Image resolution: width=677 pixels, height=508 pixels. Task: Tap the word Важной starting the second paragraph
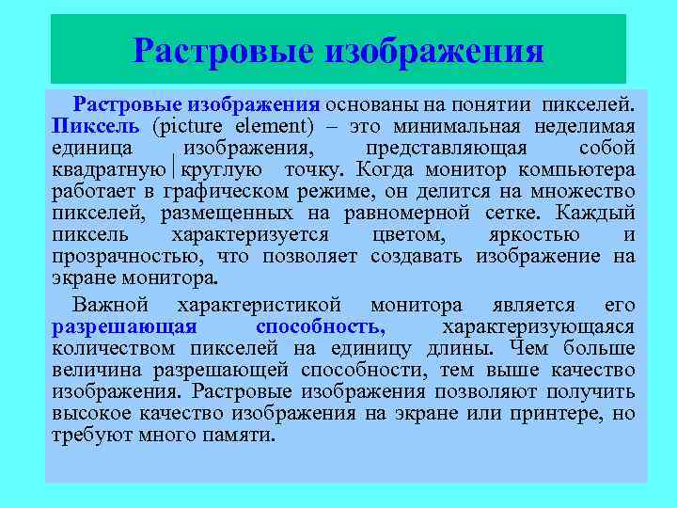click(x=111, y=306)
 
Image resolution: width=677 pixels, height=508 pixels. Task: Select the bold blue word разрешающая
click(x=125, y=327)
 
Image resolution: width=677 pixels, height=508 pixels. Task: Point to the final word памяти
click(x=244, y=436)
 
